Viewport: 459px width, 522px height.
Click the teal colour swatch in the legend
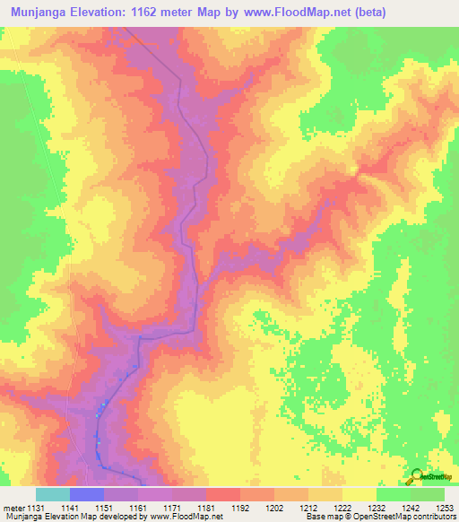click(x=53, y=495)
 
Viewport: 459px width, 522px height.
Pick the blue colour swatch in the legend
click(x=87, y=495)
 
